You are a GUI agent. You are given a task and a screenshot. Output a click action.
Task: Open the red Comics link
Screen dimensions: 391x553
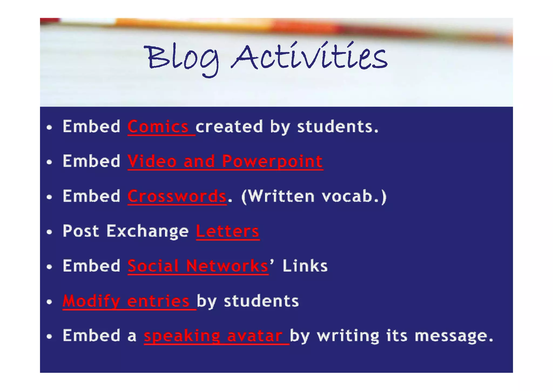coord(158,127)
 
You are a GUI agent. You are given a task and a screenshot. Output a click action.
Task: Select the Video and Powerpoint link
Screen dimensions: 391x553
coord(225,161)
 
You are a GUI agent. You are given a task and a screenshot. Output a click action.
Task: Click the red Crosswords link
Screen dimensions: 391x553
coord(177,196)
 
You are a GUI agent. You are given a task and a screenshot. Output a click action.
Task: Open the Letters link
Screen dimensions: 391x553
coord(228,231)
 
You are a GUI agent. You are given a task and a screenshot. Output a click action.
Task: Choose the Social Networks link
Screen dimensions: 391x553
coord(198,266)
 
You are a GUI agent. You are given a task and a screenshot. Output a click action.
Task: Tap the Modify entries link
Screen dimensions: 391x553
coord(126,301)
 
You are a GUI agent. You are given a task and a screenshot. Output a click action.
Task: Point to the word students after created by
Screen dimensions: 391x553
coord(338,127)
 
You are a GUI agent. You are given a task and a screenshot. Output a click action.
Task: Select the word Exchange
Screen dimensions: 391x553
coord(147,231)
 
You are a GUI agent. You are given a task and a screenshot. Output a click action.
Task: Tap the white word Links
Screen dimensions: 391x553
coord(305,266)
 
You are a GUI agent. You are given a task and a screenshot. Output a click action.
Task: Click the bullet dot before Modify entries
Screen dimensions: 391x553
coord(49,302)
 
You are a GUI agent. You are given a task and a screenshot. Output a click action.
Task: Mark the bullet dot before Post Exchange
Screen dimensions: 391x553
coord(49,232)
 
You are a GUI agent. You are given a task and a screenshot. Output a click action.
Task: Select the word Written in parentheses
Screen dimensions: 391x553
coord(281,196)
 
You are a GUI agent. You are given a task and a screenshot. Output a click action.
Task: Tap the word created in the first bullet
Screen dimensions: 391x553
coord(229,127)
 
